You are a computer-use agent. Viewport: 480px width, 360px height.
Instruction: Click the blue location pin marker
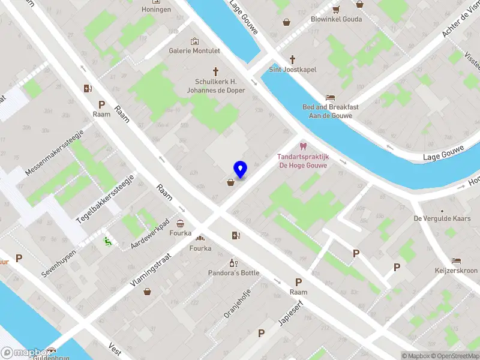241,170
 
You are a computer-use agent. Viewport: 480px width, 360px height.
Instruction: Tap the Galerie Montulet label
194,51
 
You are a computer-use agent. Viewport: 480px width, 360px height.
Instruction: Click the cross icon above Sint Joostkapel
292,59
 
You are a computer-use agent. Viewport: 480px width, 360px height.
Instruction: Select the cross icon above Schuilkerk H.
215,72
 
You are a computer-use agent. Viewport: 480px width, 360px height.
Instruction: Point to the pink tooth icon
302,146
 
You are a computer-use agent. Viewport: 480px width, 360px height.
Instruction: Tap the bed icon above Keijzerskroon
456,260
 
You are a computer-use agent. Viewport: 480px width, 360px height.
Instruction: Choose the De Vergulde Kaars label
442,219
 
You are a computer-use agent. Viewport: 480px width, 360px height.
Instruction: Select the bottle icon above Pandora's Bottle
233,263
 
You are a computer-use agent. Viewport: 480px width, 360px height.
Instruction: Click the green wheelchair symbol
108,242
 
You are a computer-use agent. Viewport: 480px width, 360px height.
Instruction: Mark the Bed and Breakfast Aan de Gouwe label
331,111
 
